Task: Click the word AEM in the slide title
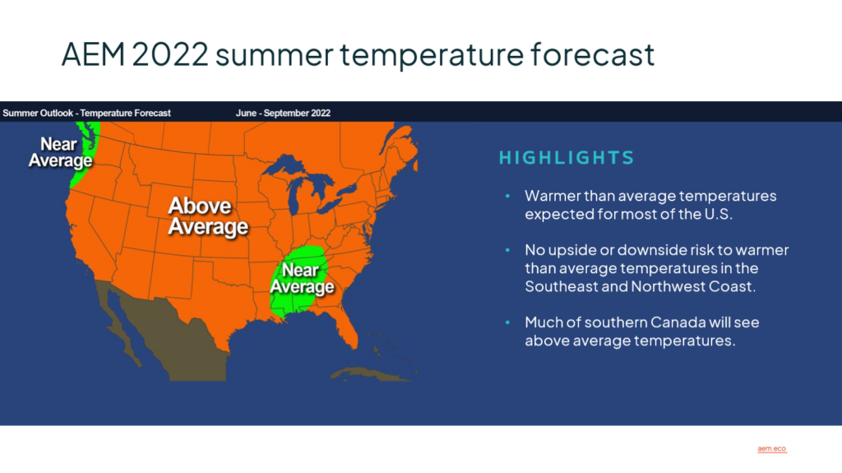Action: click(x=93, y=54)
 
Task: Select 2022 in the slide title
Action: click(x=170, y=54)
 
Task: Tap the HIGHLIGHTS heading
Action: click(x=567, y=157)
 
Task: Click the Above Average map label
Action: click(x=208, y=216)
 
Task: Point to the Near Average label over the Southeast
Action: click(x=301, y=278)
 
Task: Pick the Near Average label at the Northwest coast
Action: click(x=60, y=152)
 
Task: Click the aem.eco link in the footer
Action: click(x=771, y=449)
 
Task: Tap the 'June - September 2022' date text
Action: click(x=283, y=114)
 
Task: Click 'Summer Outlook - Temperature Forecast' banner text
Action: click(x=86, y=114)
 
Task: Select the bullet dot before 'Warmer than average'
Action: click(x=507, y=196)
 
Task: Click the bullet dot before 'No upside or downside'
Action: click(x=507, y=250)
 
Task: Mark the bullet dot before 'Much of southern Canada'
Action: click(x=507, y=322)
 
